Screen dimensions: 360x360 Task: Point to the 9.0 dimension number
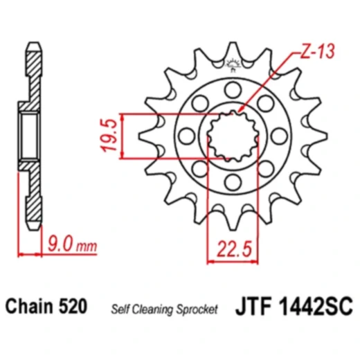(61, 244)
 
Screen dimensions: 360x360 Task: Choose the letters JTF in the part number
(258, 305)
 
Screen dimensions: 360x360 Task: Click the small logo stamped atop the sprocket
(233, 67)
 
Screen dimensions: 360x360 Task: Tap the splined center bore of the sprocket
(233, 136)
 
